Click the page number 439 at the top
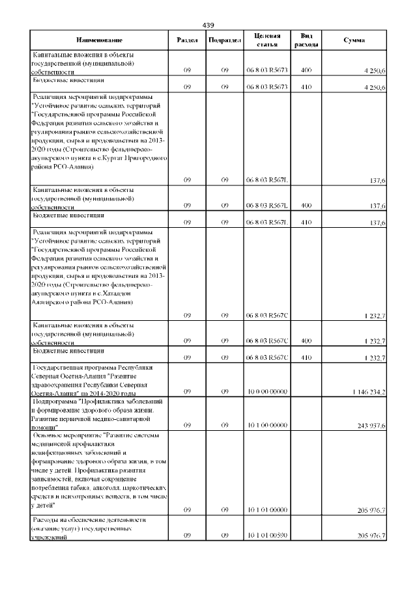[208, 25]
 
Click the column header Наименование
[99, 40]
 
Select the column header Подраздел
[224, 40]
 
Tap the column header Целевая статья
[267, 40]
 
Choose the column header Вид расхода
[307, 40]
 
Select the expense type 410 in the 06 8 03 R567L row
[307, 223]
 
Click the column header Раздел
[187, 40]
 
